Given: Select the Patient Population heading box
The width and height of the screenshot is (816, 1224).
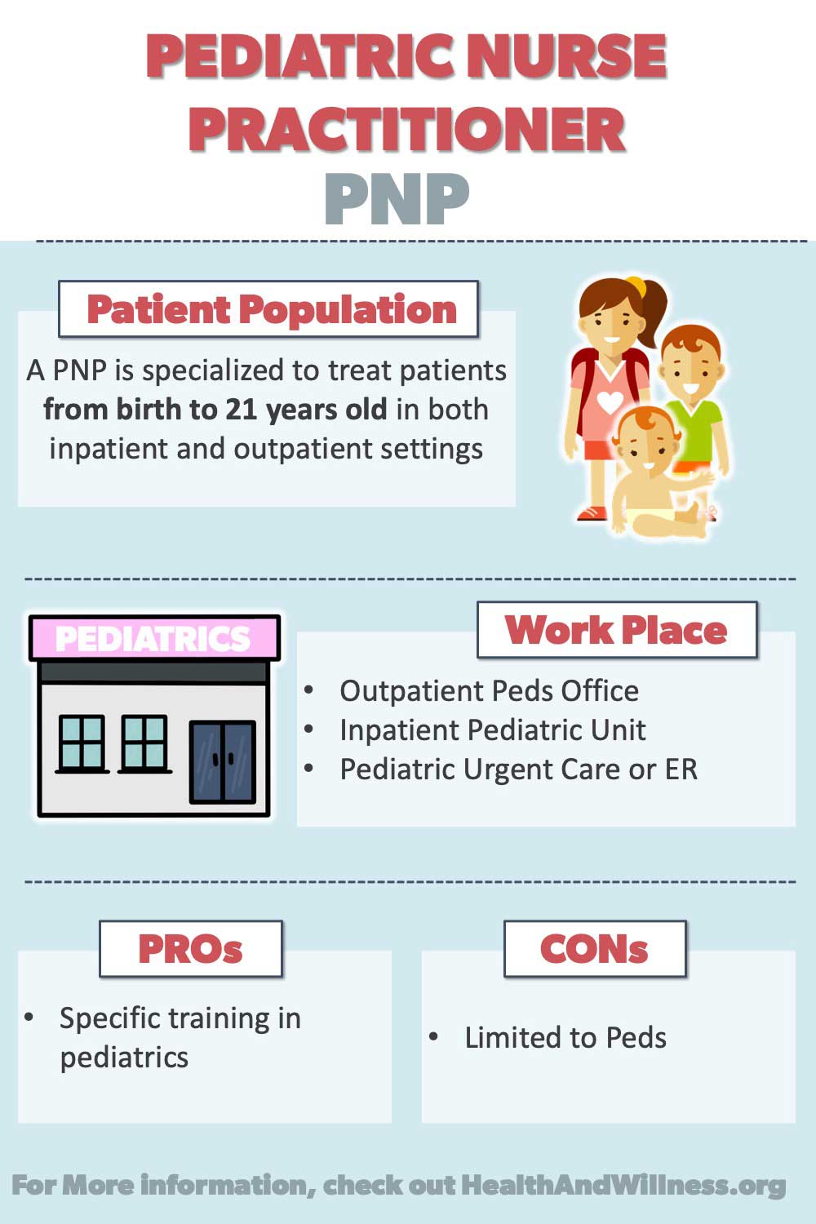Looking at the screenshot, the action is pos(268,308).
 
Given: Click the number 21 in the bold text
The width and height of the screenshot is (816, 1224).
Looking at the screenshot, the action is pos(241,410).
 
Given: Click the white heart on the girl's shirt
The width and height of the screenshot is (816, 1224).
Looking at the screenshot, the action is pos(610,401).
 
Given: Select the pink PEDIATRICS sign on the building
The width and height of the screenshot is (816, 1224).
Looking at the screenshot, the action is pos(155,637).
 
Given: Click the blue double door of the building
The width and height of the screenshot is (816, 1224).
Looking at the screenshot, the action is pos(223,761).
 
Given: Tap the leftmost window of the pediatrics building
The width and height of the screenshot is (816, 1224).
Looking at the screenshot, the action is pos(82,743).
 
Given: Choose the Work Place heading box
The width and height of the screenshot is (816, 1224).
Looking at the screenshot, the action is pos(617,630).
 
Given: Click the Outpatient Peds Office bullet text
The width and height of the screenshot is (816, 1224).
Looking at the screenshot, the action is pos(489,690).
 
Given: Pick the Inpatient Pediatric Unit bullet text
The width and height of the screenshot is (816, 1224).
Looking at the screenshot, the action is pos(492,730).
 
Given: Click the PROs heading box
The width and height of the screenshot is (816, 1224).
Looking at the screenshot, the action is pos(191,949).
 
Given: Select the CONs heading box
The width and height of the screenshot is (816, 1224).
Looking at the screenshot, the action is pos(595,949).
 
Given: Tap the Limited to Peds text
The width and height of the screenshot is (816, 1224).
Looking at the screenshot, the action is pos(565,1038).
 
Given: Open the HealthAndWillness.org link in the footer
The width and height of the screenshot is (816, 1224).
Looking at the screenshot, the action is pos(623,1186).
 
